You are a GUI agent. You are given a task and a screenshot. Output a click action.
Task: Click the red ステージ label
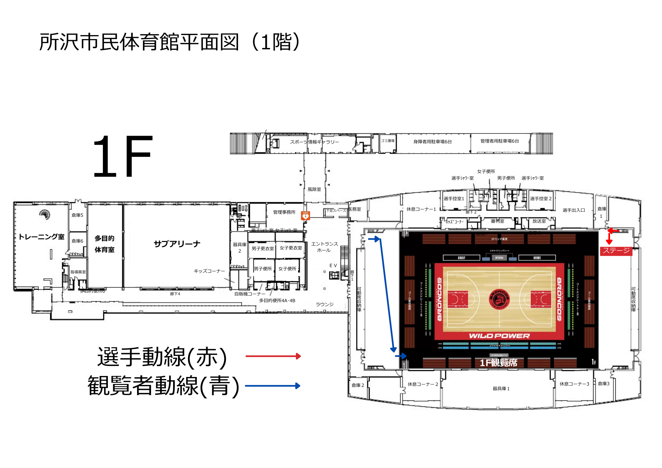click(616, 251)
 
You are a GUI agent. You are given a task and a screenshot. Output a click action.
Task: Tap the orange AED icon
click(305, 216)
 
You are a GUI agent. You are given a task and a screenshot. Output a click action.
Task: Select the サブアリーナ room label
click(177, 244)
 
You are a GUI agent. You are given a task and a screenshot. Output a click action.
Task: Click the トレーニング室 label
click(42, 237)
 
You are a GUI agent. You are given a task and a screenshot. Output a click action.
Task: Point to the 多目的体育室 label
click(105, 244)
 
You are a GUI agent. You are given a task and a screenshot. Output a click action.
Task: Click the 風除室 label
click(314, 189)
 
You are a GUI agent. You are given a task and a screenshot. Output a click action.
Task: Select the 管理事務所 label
click(284, 212)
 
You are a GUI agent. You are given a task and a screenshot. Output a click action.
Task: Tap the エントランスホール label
click(324, 247)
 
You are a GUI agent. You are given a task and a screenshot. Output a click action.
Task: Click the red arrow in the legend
click(273, 356)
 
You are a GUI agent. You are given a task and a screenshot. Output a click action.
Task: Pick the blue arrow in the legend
click(273, 386)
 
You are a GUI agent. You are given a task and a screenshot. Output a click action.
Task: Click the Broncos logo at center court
click(499, 299)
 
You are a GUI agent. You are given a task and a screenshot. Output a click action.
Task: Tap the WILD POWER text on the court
click(499, 336)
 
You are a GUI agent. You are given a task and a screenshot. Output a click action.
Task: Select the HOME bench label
click(537, 258)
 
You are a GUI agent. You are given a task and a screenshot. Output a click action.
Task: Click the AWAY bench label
click(461, 258)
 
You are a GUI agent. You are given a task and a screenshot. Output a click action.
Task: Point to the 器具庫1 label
click(501, 389)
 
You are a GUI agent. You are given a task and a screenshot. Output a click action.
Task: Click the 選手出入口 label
click(574, 210)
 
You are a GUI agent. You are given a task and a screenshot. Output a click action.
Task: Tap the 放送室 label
click(539, 221)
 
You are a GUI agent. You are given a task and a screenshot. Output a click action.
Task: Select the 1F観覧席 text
click(498, 363)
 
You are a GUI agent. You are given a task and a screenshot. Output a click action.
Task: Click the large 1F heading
click(122, 157)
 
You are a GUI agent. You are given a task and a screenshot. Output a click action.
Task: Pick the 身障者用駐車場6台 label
click(432, 142)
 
